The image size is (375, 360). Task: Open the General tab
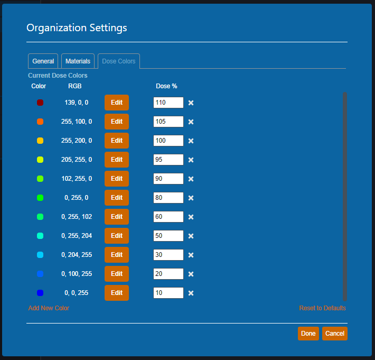coord(43,61)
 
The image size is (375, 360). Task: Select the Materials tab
coord(78,61)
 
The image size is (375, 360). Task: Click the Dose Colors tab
coord(119,61)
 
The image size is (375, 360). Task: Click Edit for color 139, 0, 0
coord(117,103)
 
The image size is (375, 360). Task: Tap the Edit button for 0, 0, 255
coord(117,293)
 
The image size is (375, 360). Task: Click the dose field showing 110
coord(168,103)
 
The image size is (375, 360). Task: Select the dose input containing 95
coord(168,160)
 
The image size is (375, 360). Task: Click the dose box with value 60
coord(168,217)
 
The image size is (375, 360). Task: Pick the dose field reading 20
coord(168,274)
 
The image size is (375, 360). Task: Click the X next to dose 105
coord(191,122)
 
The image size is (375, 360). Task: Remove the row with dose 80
coord(191,198)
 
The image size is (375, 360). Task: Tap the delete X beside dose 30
coord(191,255)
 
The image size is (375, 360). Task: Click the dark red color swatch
coord(40,103)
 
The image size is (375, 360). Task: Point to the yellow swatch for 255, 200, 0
coord(40,141)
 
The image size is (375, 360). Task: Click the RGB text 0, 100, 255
coord(77,274)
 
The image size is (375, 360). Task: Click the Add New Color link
coord(49,308)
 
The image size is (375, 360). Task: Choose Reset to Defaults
coord(322,308)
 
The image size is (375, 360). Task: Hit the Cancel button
coord(334,334)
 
